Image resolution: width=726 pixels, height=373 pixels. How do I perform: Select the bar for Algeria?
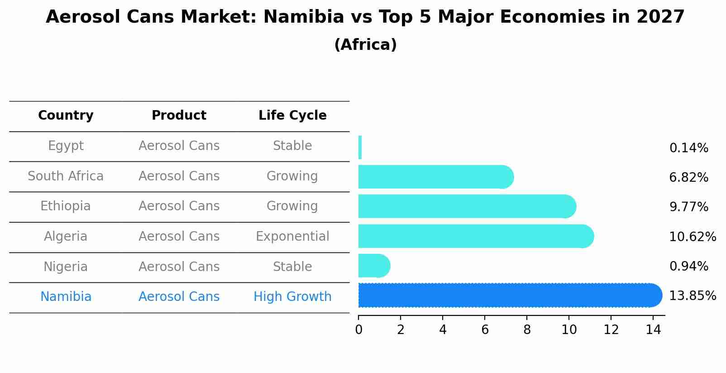pyautogui.click(x=475, y=236)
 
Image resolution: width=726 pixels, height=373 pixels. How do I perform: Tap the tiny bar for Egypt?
pyautogui.click(x=360, y=147)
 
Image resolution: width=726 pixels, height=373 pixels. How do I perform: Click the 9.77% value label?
pyautogui.click(x=688, y=207)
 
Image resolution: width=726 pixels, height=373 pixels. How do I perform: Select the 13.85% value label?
pyautogui.click(x=692, y=296)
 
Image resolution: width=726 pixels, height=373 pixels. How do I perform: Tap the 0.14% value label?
pyautogui.click(x=688, y=148)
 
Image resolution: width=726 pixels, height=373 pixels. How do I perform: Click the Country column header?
pyautogui.click(x=66, y=116)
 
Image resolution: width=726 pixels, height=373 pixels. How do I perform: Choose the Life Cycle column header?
pyautogui.click(x=292, y=116)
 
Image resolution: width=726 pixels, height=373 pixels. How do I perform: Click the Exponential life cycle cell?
pyautogui.click(x=292, y=237)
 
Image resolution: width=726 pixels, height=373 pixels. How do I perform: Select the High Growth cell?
pyautogui.click(x=292, y=297)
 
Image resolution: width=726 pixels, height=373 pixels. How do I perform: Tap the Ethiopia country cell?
pyautogui.click(x=66, y=206)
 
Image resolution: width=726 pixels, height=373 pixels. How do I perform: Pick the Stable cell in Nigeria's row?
pyautogui.click(x=292, y=267)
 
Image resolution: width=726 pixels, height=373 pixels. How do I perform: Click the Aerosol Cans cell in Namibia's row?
pyautogui.click(x=179, y=297)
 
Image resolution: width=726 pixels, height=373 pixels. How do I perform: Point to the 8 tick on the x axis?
pyautogui.click(x=527, y=330)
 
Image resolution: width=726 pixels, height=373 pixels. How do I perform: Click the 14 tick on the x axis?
pyautogui.click(x=653, y=330)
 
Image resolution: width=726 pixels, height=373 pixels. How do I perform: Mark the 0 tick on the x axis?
pyautogui.click(x=358, y=330)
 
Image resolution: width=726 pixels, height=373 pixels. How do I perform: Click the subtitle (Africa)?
pyautogui.click(x=365, y=45)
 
